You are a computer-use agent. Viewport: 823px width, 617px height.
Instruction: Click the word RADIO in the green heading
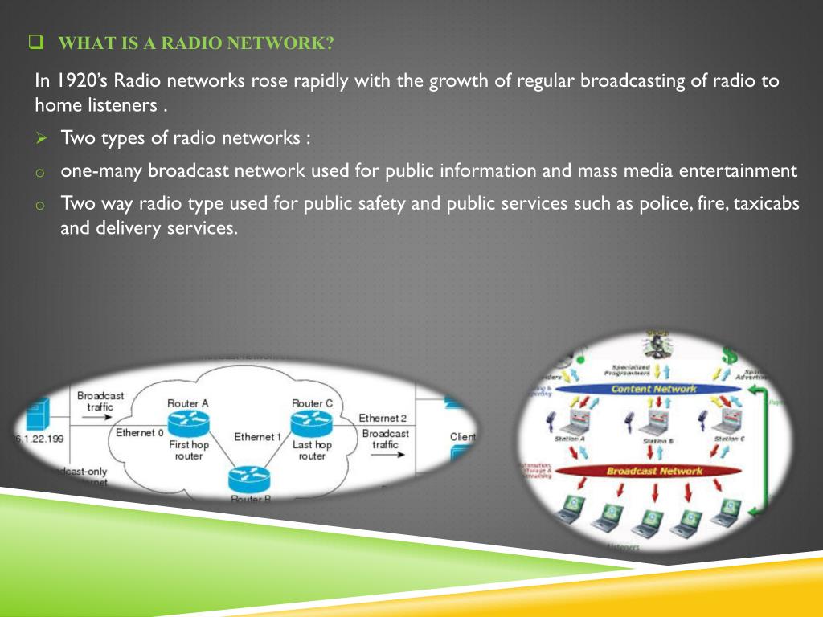pyautogui.click(x=194, y=43)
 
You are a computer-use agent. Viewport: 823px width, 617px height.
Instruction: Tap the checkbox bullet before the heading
pyautogui.click(x=35, y=42)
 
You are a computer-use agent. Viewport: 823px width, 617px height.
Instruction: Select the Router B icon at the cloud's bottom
pyautogui.click(x=250, y=480)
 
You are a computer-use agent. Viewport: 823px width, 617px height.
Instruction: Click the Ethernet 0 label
pyautogui.click(x=139, y=433)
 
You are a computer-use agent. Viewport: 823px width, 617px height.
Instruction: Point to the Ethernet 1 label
pyautogui.click(x=257, y=437)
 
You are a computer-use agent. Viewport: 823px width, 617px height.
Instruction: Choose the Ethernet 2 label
pyautogui.click(x=382, y=418)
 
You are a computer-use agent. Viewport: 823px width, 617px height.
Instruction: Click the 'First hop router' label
pyautogui.click(x=188, y=450)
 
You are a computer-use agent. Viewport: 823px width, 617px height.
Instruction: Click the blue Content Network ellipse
pyautogui.click(x=653, y=389)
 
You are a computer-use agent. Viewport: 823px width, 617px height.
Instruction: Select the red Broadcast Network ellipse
pyautogui.click(x=653, y=471)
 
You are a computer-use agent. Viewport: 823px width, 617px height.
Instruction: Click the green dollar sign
pyautogui.click(x=729, y=353)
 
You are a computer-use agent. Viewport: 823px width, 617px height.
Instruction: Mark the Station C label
pyautogui.click(x=729, y=439)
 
